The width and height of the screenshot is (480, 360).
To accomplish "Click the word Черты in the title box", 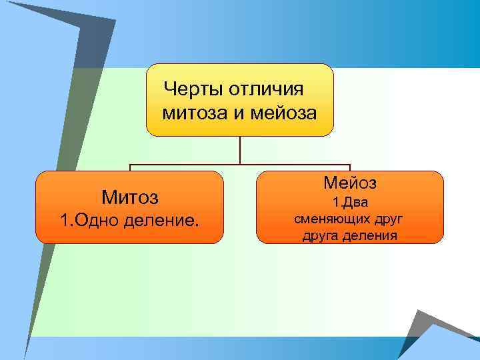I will tap(193, 89).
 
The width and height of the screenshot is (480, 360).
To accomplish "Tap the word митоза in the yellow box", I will tap(194, 113).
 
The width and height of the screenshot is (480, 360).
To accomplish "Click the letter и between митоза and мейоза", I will tap(238, 113).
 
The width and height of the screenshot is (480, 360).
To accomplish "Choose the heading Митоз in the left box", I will tap(129, 197).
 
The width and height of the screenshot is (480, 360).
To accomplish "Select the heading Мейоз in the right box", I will tap(350, 182).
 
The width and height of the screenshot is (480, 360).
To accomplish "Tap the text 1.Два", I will tap(350, 202).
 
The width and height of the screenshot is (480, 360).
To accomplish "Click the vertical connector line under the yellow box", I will tap(240, 150).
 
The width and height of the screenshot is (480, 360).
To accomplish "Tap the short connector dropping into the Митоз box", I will tap(130, 168).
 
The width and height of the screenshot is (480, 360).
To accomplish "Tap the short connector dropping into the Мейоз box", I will tap(350, 168).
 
